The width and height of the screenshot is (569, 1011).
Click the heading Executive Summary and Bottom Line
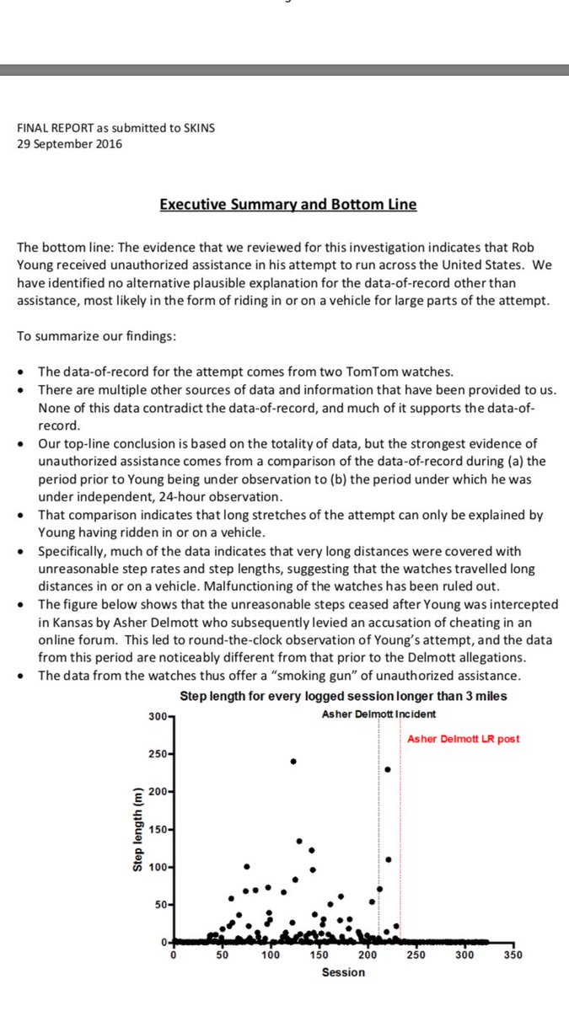pos(287,204)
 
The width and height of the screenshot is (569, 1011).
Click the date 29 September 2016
pos(69,143)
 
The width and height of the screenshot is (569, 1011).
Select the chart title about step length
pos(343,696)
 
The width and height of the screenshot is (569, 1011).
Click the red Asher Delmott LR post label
pos(464,739)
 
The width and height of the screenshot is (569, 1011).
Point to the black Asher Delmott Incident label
pos(378,714)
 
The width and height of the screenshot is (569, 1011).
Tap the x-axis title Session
pos(343,972)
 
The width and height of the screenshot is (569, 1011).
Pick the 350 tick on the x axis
pos(513,955)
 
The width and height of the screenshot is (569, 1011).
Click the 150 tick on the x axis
pos(319,955)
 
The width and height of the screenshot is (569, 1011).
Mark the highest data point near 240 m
pos(293,761)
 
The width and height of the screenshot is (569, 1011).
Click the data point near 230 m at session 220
pos(388,768)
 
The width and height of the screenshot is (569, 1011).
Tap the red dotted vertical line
pos(400,842)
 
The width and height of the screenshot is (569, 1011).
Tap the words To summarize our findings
pos(79,336)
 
